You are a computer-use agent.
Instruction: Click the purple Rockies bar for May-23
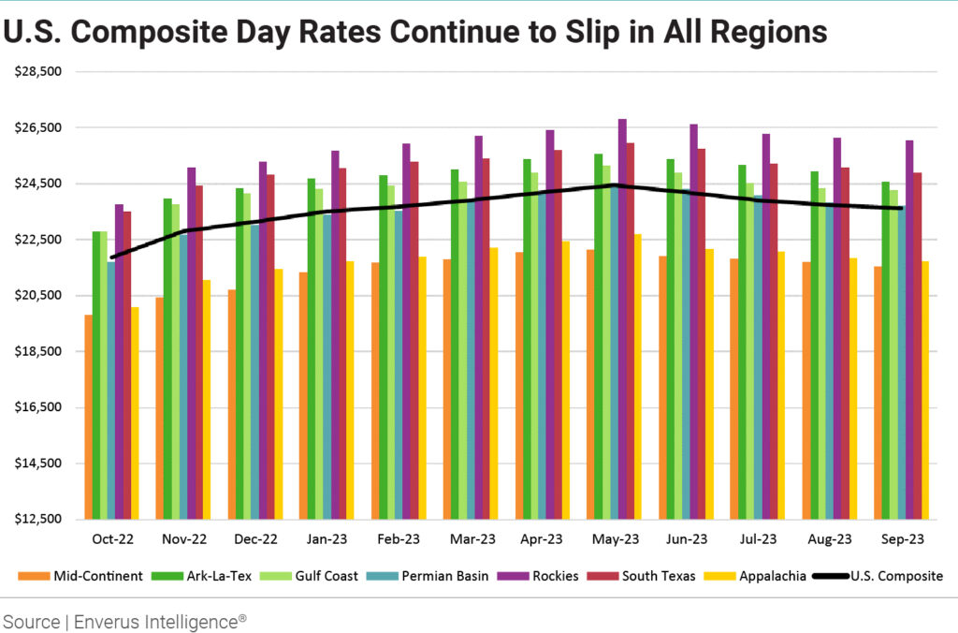[x=622, y=318]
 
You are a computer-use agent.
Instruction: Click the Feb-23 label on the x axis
[x=400, y=539]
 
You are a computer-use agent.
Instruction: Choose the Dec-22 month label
[x=256, y=539]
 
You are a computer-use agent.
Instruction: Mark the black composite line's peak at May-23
[x=614, y=185]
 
